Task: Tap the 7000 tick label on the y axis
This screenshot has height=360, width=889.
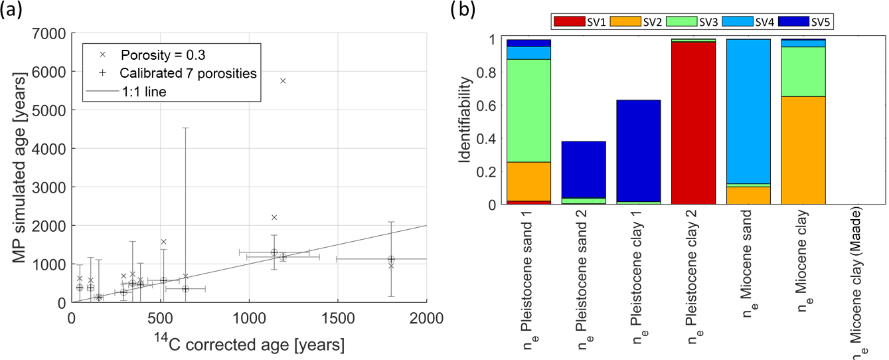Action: coord(51,33)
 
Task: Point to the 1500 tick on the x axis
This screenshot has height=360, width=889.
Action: coord(338,317)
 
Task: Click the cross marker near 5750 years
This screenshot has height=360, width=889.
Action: coord(283,81)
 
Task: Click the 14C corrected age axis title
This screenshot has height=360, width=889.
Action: coord(249,345)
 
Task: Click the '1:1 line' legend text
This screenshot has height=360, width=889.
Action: coord(143,92)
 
